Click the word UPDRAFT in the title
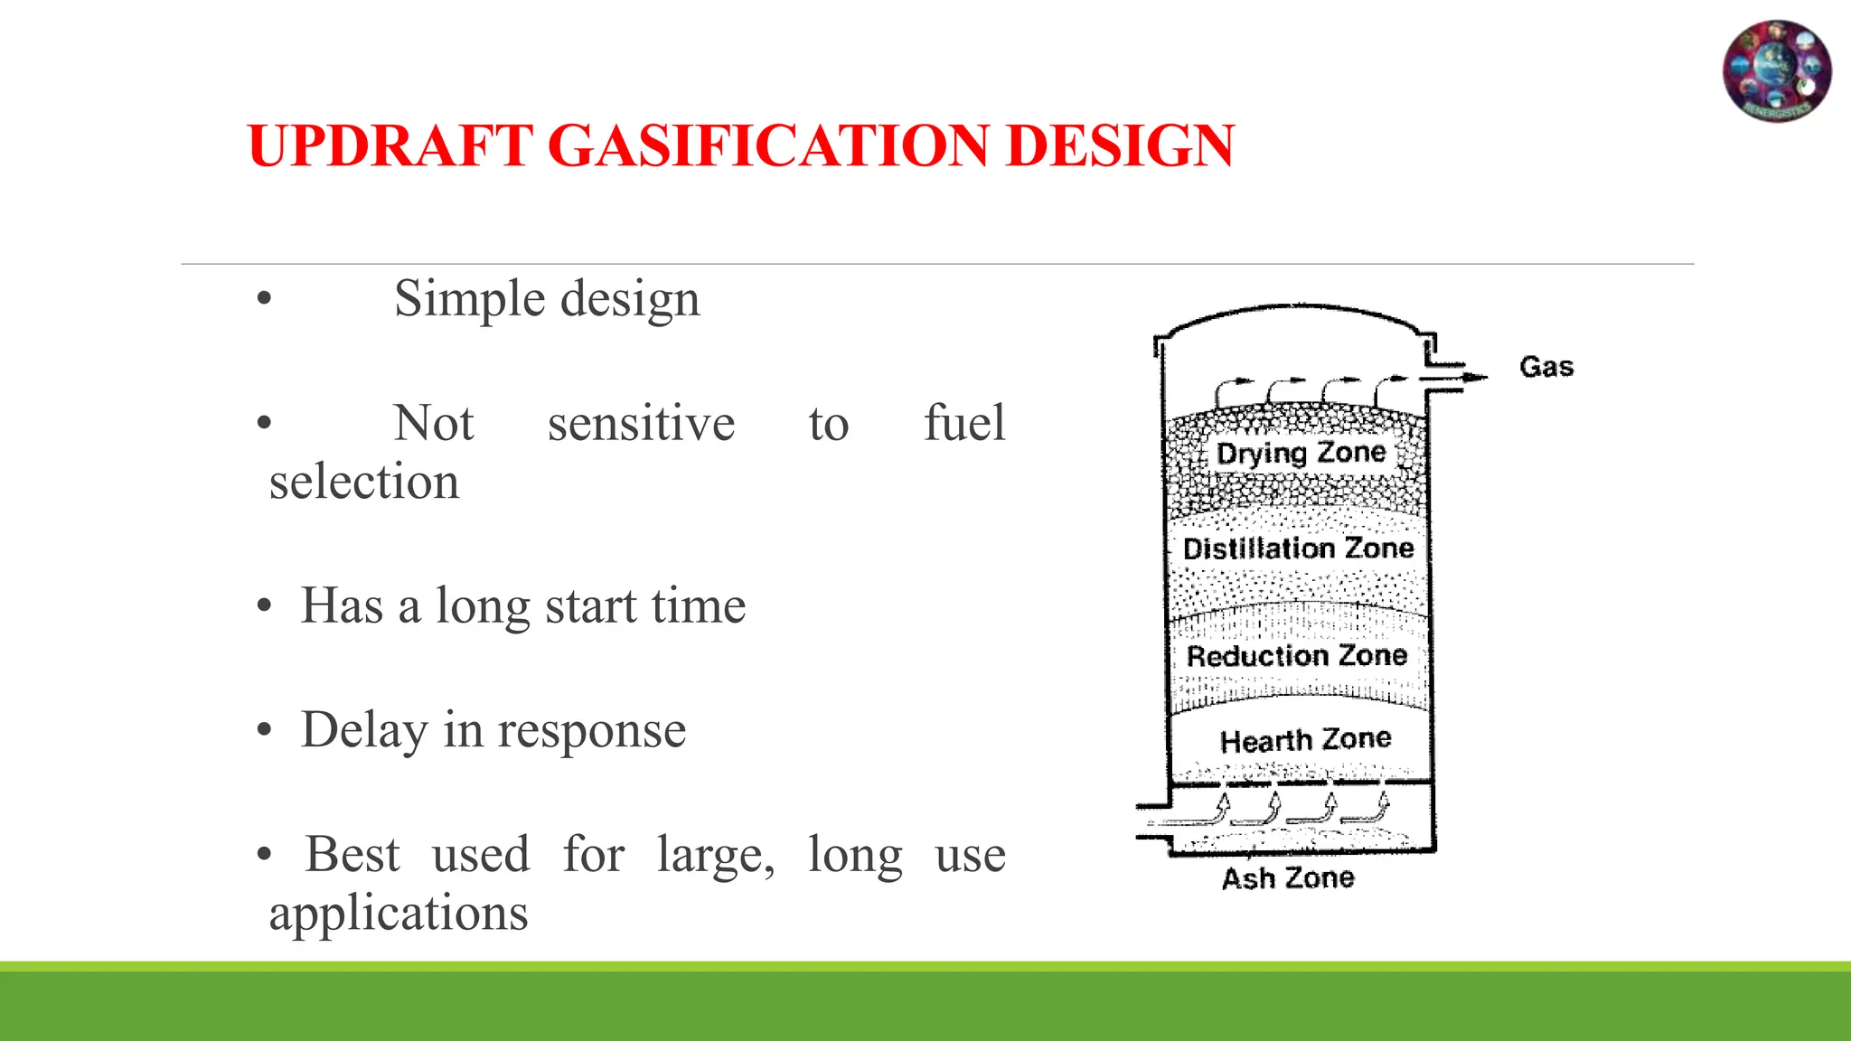pos(390,145)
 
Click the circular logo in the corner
pos(1777,71)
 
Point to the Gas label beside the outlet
pos(1546,367)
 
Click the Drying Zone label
pos(1301,453)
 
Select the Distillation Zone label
pos(1298,549)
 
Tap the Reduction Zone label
pos(1297,655)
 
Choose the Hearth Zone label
pos(1305,740)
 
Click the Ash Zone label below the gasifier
pos(1288,877)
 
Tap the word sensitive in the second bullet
pos(641,423)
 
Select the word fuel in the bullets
pos(963,423)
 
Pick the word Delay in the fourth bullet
pos(364,730)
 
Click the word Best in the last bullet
pos(352,855)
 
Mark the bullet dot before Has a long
pos(264,606)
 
